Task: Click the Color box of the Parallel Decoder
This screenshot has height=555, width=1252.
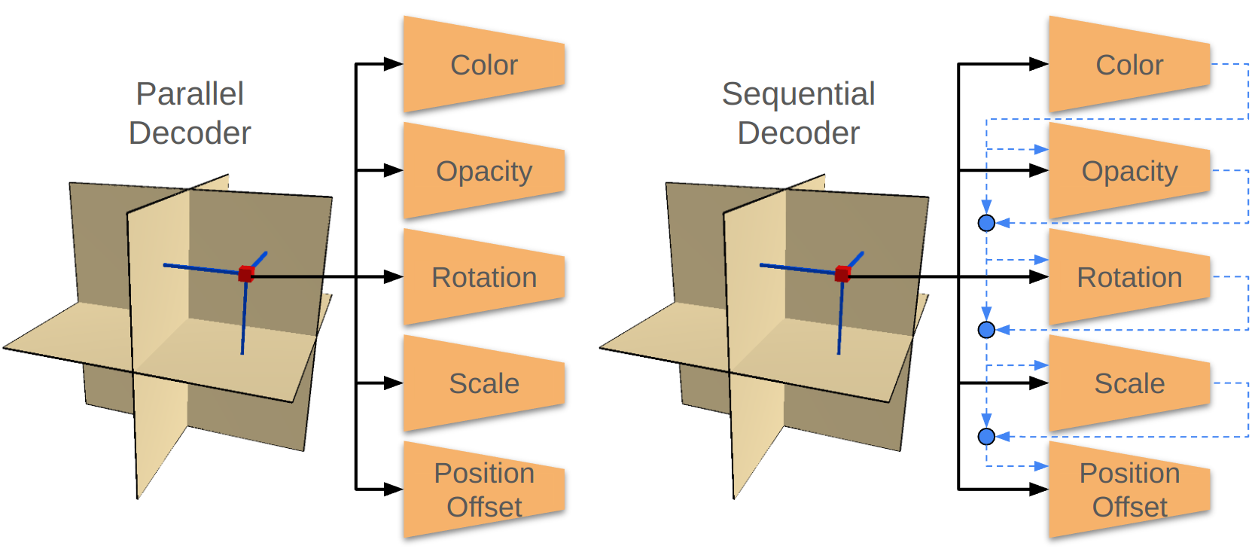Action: click(484, 65)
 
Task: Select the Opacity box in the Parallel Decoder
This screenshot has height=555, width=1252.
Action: click(484, 171)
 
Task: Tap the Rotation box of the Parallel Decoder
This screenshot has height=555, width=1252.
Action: click(484, 277)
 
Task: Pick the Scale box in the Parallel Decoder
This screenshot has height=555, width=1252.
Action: click(484, 383)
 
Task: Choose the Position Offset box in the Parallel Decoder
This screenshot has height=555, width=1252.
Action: click(484, 489)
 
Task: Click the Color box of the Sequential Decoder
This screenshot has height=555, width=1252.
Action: click(1129, 65)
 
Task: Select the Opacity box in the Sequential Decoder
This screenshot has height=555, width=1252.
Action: click(1129, 171)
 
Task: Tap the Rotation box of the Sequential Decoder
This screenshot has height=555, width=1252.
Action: click(1129, 277)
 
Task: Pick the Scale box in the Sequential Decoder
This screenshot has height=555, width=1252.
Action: click(1129, 383)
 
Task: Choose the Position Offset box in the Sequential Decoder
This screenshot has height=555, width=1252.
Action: click(1129, 489)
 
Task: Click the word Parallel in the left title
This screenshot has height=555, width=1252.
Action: click(190, 94)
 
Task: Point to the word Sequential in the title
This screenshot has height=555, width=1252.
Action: click(798, 94)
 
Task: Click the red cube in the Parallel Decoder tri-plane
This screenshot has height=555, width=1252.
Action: click(246, 273)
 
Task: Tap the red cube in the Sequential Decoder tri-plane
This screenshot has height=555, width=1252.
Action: click(842, 273)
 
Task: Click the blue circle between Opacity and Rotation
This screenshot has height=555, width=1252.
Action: click(986, 223)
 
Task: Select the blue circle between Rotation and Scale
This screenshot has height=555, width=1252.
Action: click(986, 330)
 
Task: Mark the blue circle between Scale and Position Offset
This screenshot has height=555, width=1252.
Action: click(986, 436)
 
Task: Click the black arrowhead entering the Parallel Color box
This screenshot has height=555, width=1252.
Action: click(393, 64)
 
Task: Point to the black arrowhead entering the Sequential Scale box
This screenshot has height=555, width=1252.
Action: click(1038, 383)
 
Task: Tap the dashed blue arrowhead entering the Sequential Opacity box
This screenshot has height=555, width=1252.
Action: click(1040, 149)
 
